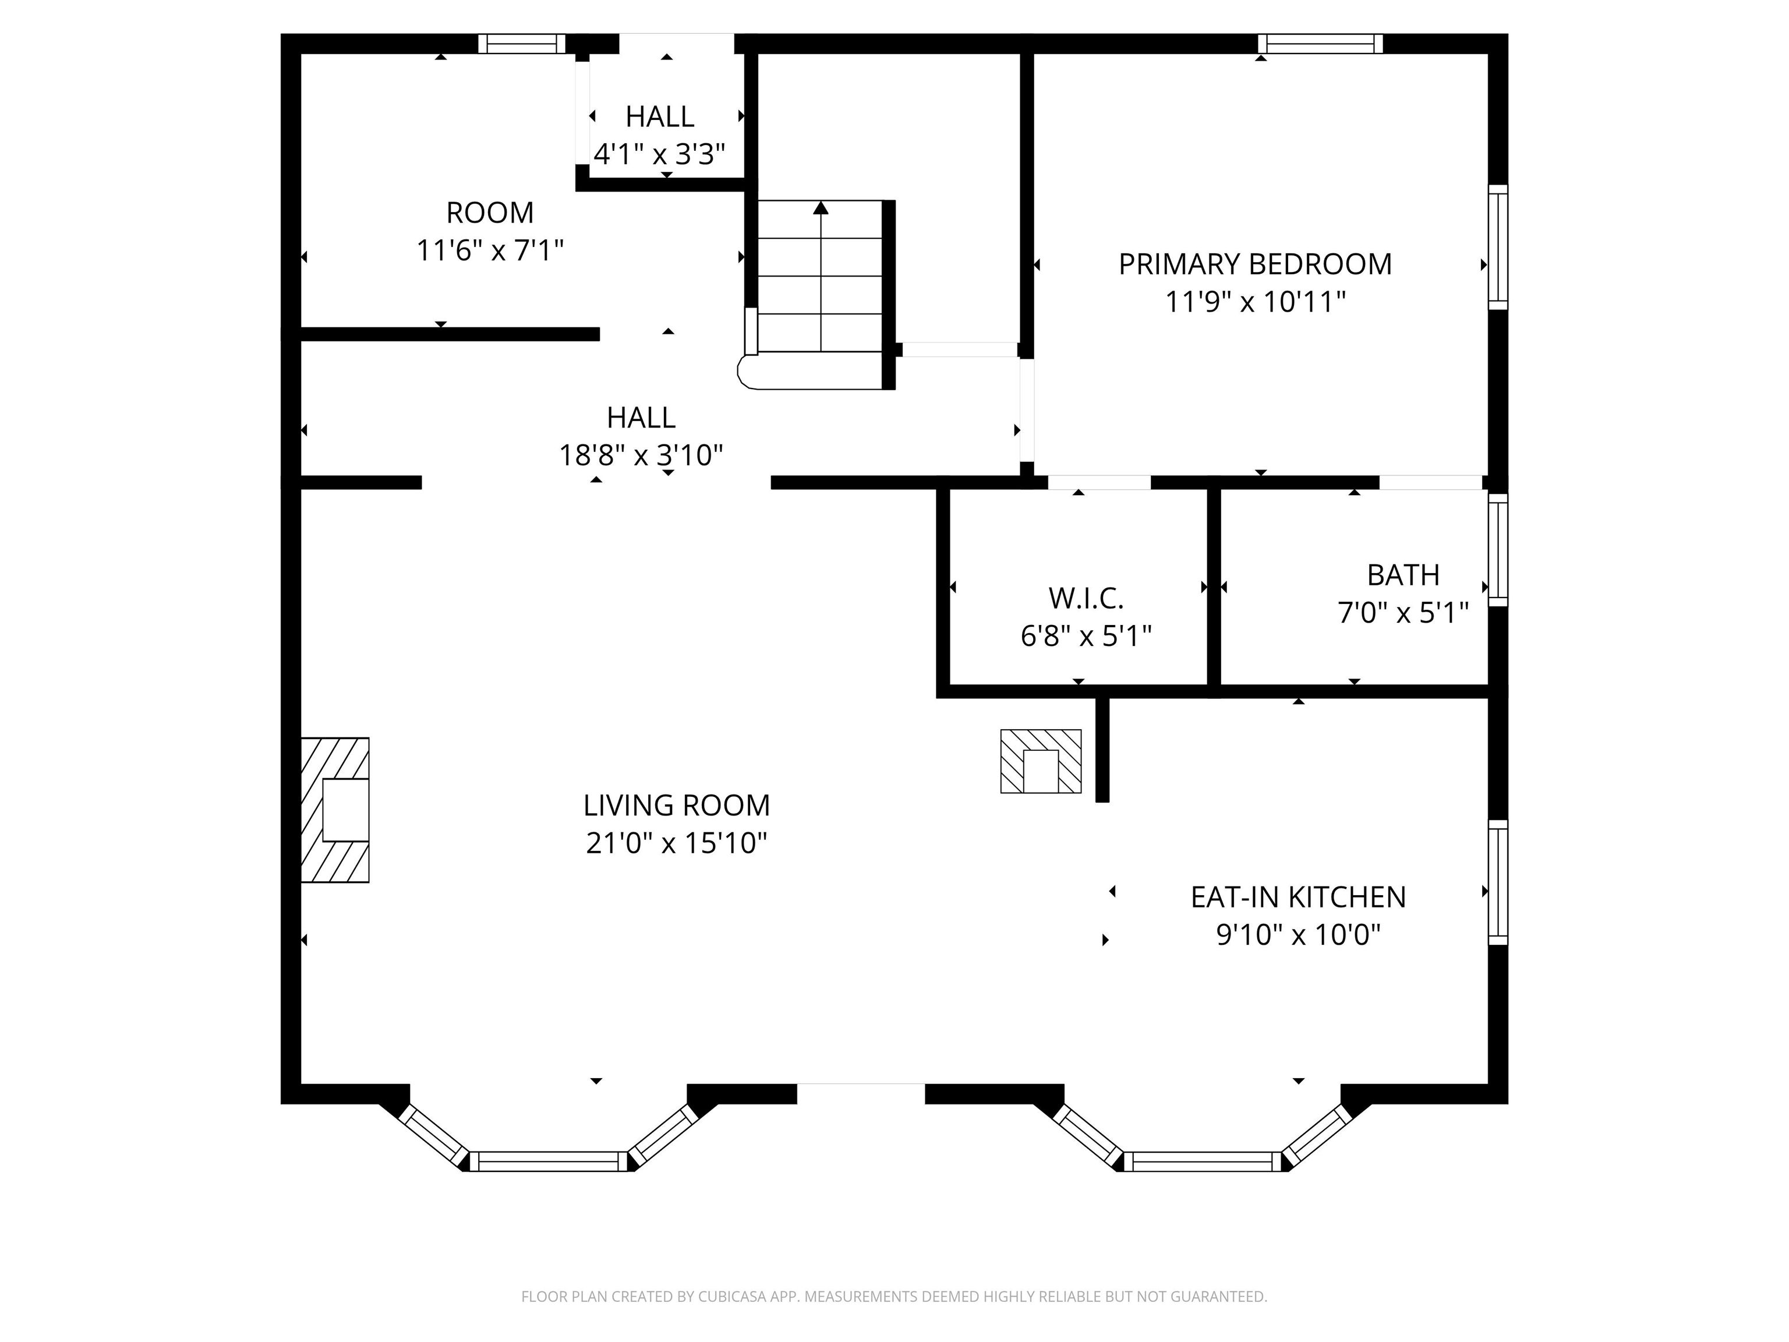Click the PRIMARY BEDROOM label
click(1254, 264)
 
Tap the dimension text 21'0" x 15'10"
click(676, 844)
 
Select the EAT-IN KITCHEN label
click(1298, 897)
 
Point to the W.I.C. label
click(1086, 599)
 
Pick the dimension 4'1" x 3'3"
click(659, 154)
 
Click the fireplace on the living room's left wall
click(335, 810)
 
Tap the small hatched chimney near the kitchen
click(1040, 761)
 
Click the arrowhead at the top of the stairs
click(821, 208)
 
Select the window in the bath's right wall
click(1498, 550)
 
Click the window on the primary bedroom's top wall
click(1320, 44)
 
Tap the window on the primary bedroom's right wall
click(1498, 247)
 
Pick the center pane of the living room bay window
click(549, 1161)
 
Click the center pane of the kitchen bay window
click(1203, 1161)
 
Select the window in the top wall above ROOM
click(522, 44)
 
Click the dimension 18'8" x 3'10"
click(641, 455)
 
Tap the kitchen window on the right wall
click(1498, 882)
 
